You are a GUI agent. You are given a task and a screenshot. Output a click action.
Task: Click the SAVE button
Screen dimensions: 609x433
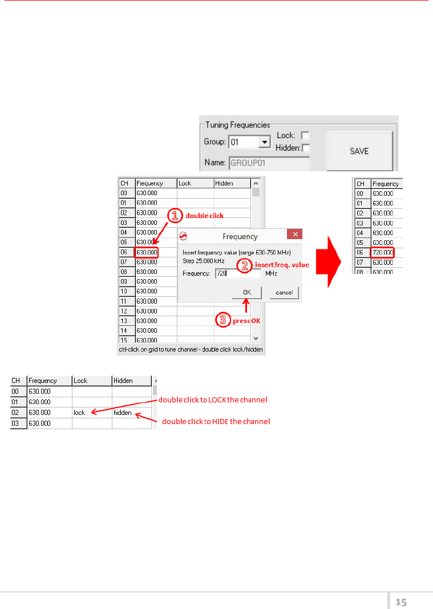point(359,151)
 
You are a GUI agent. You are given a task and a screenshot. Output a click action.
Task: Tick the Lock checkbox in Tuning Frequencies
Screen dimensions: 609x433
point(305,136)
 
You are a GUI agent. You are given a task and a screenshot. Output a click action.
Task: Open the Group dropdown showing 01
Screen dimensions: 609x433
point(264,142)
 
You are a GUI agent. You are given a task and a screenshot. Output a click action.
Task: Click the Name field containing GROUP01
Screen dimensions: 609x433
point(269,163)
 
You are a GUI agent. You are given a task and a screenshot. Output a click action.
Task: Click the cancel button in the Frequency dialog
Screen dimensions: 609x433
point(284,293)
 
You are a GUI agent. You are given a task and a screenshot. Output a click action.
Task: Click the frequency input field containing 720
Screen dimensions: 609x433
point(238,274)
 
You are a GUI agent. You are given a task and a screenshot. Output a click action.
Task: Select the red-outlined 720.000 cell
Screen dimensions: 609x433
point(383,252)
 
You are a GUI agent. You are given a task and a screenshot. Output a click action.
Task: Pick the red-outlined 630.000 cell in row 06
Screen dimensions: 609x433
point(147,252)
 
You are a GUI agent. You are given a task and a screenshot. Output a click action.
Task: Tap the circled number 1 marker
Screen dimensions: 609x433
point(175,215)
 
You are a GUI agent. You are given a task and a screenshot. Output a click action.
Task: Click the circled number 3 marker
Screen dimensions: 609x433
point(222,320)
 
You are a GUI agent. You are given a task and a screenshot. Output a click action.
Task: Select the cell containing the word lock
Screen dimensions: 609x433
point(91,412)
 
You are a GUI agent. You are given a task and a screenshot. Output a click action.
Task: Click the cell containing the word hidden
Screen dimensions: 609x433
point(131,412)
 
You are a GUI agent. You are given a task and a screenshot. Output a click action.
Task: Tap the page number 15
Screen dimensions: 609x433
point(401,602)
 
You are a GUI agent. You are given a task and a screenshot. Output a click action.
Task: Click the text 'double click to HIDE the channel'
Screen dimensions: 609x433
point(216,422)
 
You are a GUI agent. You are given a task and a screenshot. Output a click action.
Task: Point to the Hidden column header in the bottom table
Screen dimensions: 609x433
point(131,381)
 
